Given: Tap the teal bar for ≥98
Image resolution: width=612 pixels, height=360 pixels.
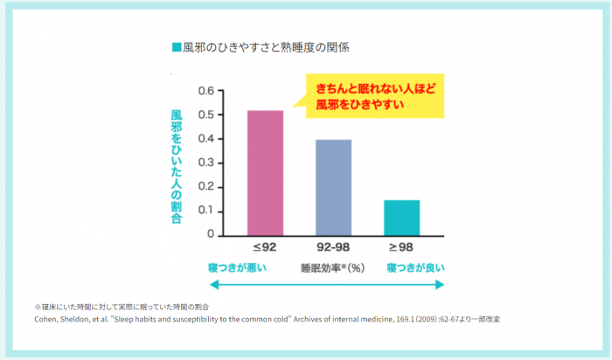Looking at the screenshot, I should click(401, 218).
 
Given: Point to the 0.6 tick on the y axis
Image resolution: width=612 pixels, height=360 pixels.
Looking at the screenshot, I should click(206, 91).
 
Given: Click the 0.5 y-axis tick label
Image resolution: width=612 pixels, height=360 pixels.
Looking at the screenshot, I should click(206, 115).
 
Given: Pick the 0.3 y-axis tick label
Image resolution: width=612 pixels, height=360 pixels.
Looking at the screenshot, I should click(206, 163).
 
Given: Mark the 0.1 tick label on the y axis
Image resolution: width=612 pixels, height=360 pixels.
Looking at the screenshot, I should click(206, 211).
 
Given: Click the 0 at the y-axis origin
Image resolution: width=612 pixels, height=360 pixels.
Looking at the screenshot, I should click(211, 234).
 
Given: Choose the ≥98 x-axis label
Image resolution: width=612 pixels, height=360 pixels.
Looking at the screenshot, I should click(401, 248).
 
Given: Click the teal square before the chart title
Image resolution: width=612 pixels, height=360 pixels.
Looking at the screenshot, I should click(177, 45).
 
